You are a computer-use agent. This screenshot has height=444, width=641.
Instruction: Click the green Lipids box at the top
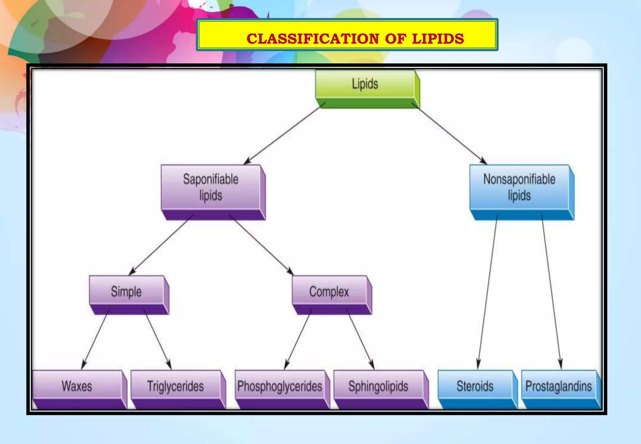tap(365, 85)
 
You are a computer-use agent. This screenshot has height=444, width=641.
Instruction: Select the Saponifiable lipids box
tap(211, 188)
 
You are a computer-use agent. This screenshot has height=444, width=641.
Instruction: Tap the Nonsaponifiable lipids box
tap(519, 188)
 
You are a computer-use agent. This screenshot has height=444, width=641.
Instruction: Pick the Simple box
tap(126, 292)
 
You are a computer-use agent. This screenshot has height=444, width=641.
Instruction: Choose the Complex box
tap(329, 292)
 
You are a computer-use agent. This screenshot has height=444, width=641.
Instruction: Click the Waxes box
tap(77, 386)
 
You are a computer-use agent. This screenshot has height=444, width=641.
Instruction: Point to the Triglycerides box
tap(176, 386)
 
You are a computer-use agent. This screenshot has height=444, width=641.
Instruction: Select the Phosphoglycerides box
tap(280, 386)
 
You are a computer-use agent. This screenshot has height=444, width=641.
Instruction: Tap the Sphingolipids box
tap(378, 386)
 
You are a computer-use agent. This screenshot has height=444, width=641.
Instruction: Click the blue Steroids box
tap(475, 386)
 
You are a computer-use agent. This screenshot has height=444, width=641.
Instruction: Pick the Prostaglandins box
tap(559, 386)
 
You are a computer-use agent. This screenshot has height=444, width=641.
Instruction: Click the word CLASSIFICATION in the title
tap(313, 39)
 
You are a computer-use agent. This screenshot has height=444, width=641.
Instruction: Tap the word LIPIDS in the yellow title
tap(438, 39)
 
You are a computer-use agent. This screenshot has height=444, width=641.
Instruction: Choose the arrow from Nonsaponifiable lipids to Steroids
tap(488, 291)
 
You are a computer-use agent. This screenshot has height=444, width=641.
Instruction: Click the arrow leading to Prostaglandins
tap(551, 291)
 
